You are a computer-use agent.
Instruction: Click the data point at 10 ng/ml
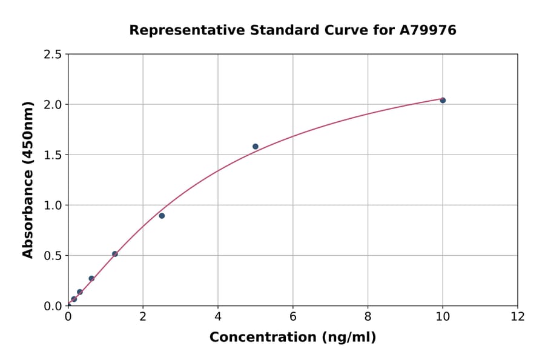coord(443,100)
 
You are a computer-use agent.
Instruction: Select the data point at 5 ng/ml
coord(256,147)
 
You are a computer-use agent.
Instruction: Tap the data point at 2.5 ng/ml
coord(162,216)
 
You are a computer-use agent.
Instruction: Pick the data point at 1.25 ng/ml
coord(115,254)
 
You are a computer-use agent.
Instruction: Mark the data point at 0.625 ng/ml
coord(91,279)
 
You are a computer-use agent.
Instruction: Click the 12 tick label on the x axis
coord(518,316)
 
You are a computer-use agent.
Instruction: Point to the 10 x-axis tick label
coord(443,316)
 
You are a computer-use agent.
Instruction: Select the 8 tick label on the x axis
coord(368,316)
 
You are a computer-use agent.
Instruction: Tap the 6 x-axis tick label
coord(293,316)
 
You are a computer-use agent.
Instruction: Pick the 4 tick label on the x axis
coord(218,316)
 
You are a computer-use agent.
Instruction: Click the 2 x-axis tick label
coord(143,316)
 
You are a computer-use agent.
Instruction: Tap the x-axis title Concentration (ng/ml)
coord(292,337)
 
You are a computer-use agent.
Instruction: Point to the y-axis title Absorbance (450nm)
coord(28,179)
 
